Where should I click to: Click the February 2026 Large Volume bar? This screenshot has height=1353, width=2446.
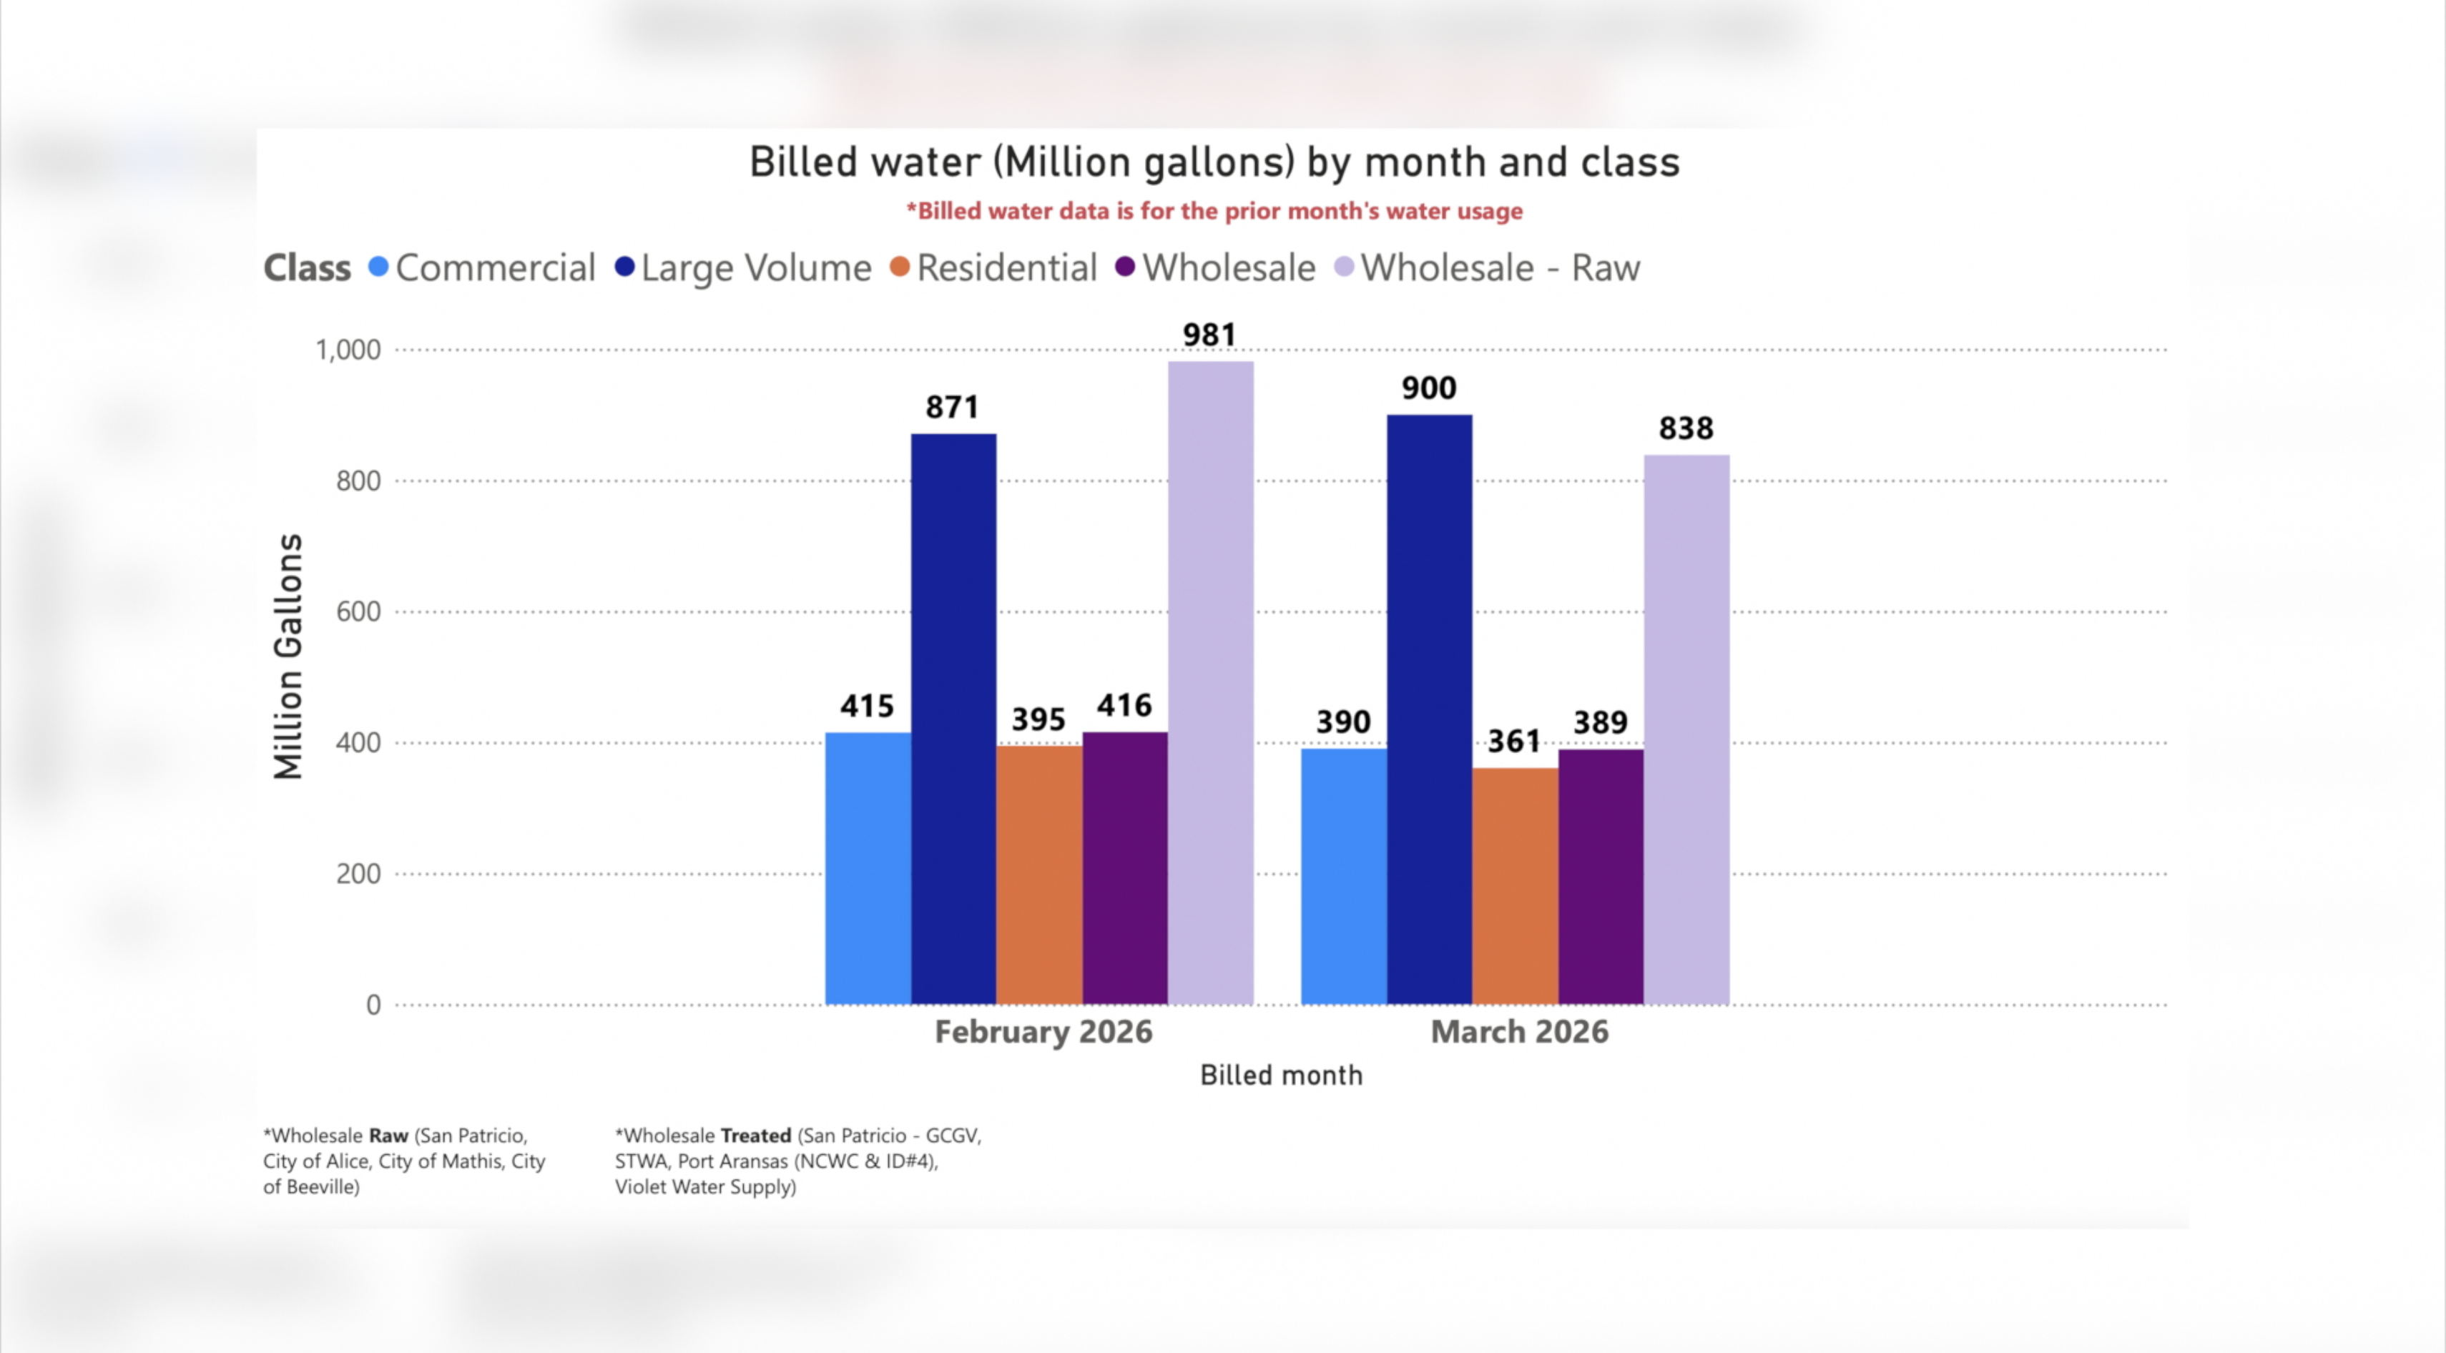(953, 719)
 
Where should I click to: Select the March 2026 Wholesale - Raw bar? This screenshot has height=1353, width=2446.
(1686, 729)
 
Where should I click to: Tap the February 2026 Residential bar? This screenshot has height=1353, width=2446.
(1038, 875)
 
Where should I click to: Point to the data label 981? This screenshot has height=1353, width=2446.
(1209, 335)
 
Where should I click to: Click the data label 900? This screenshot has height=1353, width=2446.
(1428, 388)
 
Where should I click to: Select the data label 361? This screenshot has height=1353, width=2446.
(1513, 742)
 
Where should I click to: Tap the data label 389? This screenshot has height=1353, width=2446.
(1600, 722)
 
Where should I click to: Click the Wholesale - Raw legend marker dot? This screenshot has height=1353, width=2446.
(1344, 267)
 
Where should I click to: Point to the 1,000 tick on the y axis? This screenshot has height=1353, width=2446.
(348, 350)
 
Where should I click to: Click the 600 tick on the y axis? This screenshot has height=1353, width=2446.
(358, 611)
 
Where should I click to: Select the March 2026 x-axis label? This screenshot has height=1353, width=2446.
(1519, 1032)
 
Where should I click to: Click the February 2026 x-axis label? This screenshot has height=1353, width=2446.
(1043, 1032)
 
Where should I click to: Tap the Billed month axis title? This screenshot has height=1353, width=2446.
(1281, 1076)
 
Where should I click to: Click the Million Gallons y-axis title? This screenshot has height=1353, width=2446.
(288, 656)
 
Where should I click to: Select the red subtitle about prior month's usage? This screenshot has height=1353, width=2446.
(1214, 211)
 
